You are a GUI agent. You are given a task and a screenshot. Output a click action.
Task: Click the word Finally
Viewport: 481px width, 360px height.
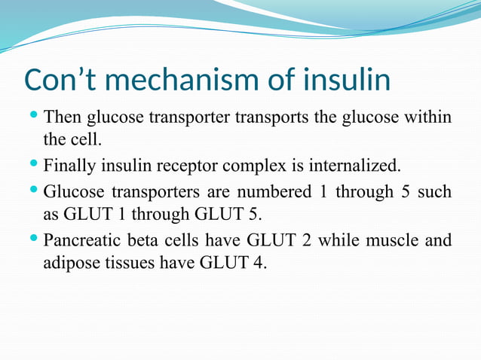(x=69, y=165)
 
